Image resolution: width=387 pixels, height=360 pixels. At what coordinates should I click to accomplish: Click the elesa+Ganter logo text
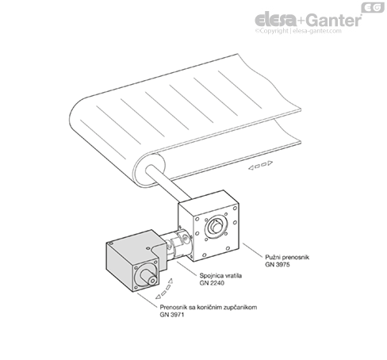(x=308, y=20)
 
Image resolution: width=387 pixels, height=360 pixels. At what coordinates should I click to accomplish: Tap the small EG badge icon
(x=373, y=7)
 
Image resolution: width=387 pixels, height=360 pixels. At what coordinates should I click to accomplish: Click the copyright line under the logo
(x=298, y=31)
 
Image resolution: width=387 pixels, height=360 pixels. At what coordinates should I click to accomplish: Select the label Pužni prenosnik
(x=287, y=257)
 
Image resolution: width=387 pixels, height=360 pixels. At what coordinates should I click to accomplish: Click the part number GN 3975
(x=278, y=265)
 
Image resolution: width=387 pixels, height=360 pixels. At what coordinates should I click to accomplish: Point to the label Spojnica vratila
(x=220, y=276)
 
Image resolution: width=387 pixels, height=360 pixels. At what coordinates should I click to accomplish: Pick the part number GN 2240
(x=212, y=283)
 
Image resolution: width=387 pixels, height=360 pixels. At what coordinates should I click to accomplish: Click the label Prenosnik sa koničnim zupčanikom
(x=209, y=307)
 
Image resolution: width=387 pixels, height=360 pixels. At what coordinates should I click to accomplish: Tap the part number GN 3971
(x=171, y=315)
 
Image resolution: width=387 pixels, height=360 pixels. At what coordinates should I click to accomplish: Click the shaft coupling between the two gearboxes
(x=178, y=244)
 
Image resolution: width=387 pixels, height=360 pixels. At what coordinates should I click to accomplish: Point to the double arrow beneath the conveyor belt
(x=260, y=165)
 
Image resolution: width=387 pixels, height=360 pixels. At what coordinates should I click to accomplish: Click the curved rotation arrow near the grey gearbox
(x=164, y=289)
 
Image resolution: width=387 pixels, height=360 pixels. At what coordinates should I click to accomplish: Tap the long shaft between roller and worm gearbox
(x=167, y=183)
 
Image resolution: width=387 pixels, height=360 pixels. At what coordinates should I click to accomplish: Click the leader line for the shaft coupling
(x=187, y=268)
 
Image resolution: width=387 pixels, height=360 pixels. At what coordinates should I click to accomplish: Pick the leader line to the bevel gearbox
(x=148, y=300)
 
